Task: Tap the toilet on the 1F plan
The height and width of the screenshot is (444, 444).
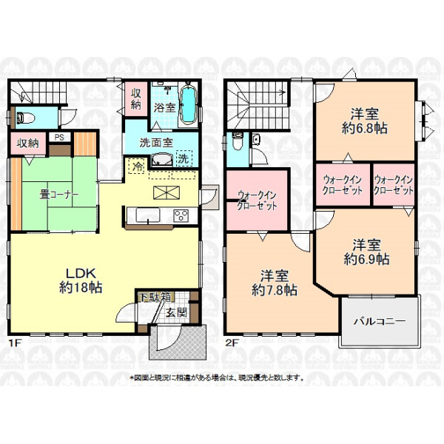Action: click(x=25, y=118)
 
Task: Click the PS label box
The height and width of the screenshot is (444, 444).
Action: click(x=59, y=138)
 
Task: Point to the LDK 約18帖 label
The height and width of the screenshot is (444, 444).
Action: click(x=81, y=280)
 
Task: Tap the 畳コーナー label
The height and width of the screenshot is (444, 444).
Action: click(x=59, y=195)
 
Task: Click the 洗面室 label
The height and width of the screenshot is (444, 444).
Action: click(x=156, y=142)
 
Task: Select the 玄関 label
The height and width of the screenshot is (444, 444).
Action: click(x=176, y=312)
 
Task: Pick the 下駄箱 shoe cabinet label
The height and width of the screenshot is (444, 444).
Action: click(x=155, y=297)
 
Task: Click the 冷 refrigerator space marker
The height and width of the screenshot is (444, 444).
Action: click(x=138, y=166)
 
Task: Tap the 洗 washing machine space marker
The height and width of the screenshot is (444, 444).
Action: click(x=184, y=158)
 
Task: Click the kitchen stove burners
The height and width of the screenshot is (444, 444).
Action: click(x=181, y=216)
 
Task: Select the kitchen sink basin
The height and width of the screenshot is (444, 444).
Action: click(x=148, y=215)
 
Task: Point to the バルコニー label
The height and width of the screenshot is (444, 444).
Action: click(x=380, y=321)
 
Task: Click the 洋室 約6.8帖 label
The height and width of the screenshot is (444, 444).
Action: click(x=365, y=121)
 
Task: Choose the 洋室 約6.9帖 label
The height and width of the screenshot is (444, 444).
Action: click(x=367, y=252)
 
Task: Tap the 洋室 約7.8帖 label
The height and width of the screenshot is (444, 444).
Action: click(x=275, y=283)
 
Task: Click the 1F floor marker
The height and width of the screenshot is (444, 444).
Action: click(x=15, y=343)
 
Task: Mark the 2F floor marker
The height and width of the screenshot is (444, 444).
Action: click(x=231, y=343)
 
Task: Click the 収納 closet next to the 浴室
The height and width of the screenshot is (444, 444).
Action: click(x=136, y=99)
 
